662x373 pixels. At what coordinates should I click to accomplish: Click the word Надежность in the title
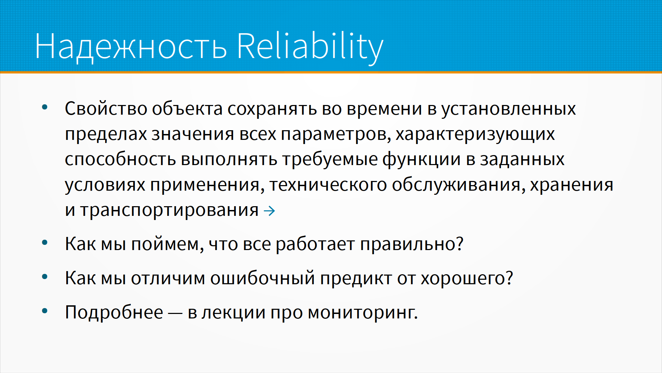pyautogui.click(x=131, y=47)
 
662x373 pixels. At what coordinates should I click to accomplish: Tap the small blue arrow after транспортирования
pyautogui.click(x=269, y=211)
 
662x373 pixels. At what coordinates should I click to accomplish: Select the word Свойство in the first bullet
pyautogui.click(x=106, y=109)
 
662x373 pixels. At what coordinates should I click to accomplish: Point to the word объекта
pyautogui.click(x=187, y=109)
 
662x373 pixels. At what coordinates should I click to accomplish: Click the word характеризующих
pyautogui.click(x=475, y=134)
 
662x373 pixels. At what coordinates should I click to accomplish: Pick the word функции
pyautogui.click(x=421, y=160)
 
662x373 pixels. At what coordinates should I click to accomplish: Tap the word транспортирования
pyautogui.click(x=169, y=210)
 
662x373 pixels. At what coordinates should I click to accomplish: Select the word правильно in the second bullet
pyautogui.click(x=408, y=245)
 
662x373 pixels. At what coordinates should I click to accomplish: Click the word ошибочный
pyautogui.click(x=263, y=278)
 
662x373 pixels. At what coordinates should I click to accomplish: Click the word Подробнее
pyautogui.click(x=114, y=313)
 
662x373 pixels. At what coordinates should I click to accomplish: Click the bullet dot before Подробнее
pyautogui.click(x=44, y=311)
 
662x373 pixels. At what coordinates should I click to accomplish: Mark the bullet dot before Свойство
pyautogui.click(x=44, y=107)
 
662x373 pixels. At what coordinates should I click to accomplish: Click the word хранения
pyautogui.click(x=572, y=185)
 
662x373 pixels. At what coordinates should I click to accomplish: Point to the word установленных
pyautogui.click(x=509, y=109)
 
